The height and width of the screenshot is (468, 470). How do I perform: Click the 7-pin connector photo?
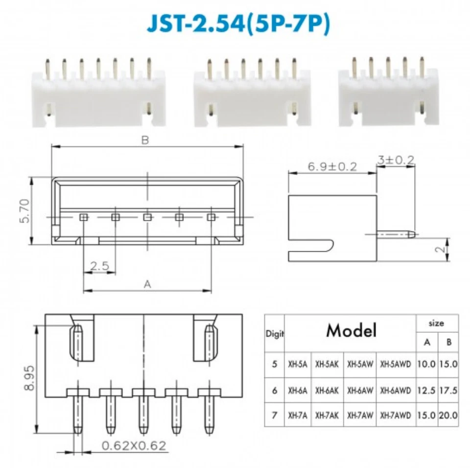coord(98,93)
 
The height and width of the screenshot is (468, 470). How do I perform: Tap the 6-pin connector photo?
coord(252,94)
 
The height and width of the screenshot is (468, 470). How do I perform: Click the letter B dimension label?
coord(145,140)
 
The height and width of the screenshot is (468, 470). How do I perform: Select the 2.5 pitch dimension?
coord(99,266)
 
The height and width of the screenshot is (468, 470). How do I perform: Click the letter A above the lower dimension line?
coord(147,284)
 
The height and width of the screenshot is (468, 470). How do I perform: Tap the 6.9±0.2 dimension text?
coord(332,166)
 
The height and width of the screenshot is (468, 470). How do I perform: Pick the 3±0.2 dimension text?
coord(396,160)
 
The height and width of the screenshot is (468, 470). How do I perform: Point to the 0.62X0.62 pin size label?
coord(133,445)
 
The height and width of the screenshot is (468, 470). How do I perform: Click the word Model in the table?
coord(352,330)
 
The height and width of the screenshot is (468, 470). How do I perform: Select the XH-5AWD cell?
coord(395,364)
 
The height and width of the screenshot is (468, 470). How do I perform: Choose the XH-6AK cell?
coord(327,390)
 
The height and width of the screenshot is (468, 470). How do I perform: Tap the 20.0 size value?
coord(448,416)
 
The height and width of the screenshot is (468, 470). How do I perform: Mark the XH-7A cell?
coord(297,416)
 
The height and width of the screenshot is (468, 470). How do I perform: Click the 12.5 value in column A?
coord(426,390)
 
